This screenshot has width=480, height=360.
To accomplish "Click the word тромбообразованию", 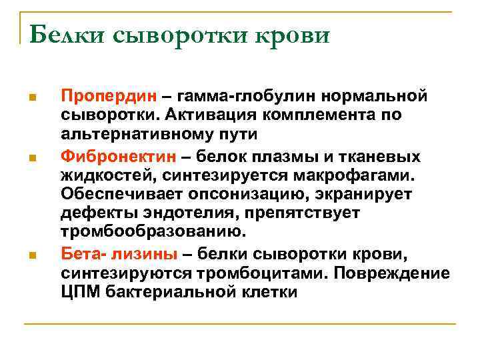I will click(154, 231).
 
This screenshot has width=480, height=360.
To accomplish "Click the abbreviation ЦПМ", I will click(78, 291).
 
